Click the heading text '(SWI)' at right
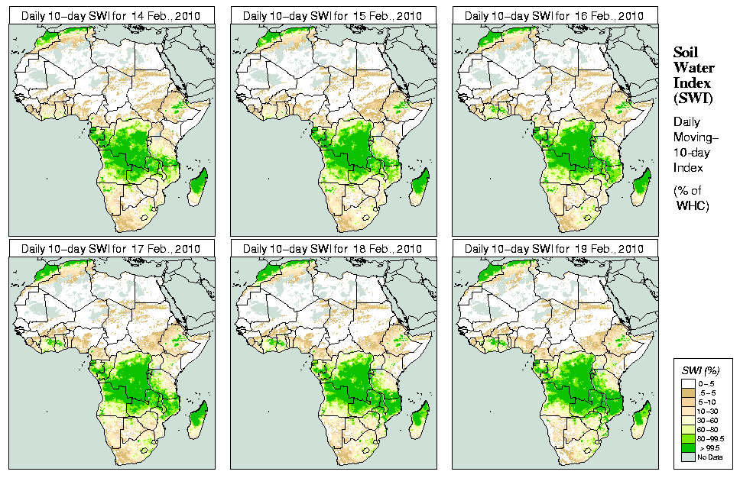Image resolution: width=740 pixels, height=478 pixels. point(692,97)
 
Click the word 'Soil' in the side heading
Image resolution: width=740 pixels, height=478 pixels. point(686,52)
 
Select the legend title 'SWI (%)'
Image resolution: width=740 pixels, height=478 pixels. point(699,370)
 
